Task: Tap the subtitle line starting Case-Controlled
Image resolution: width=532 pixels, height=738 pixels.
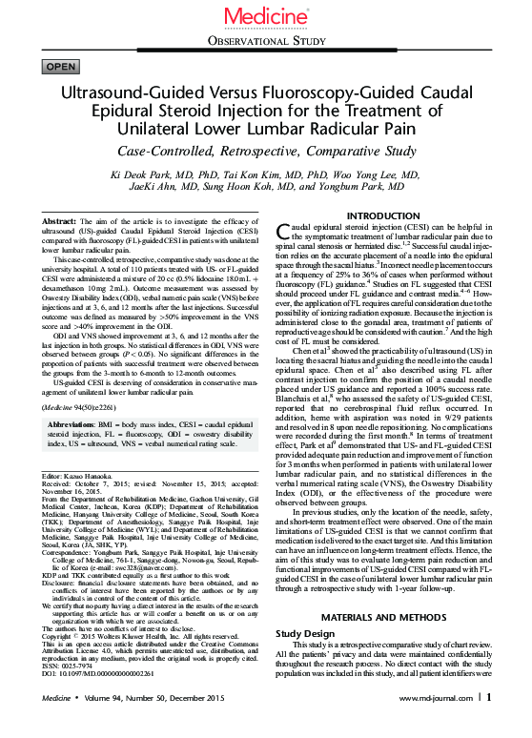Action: [265, 153]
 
